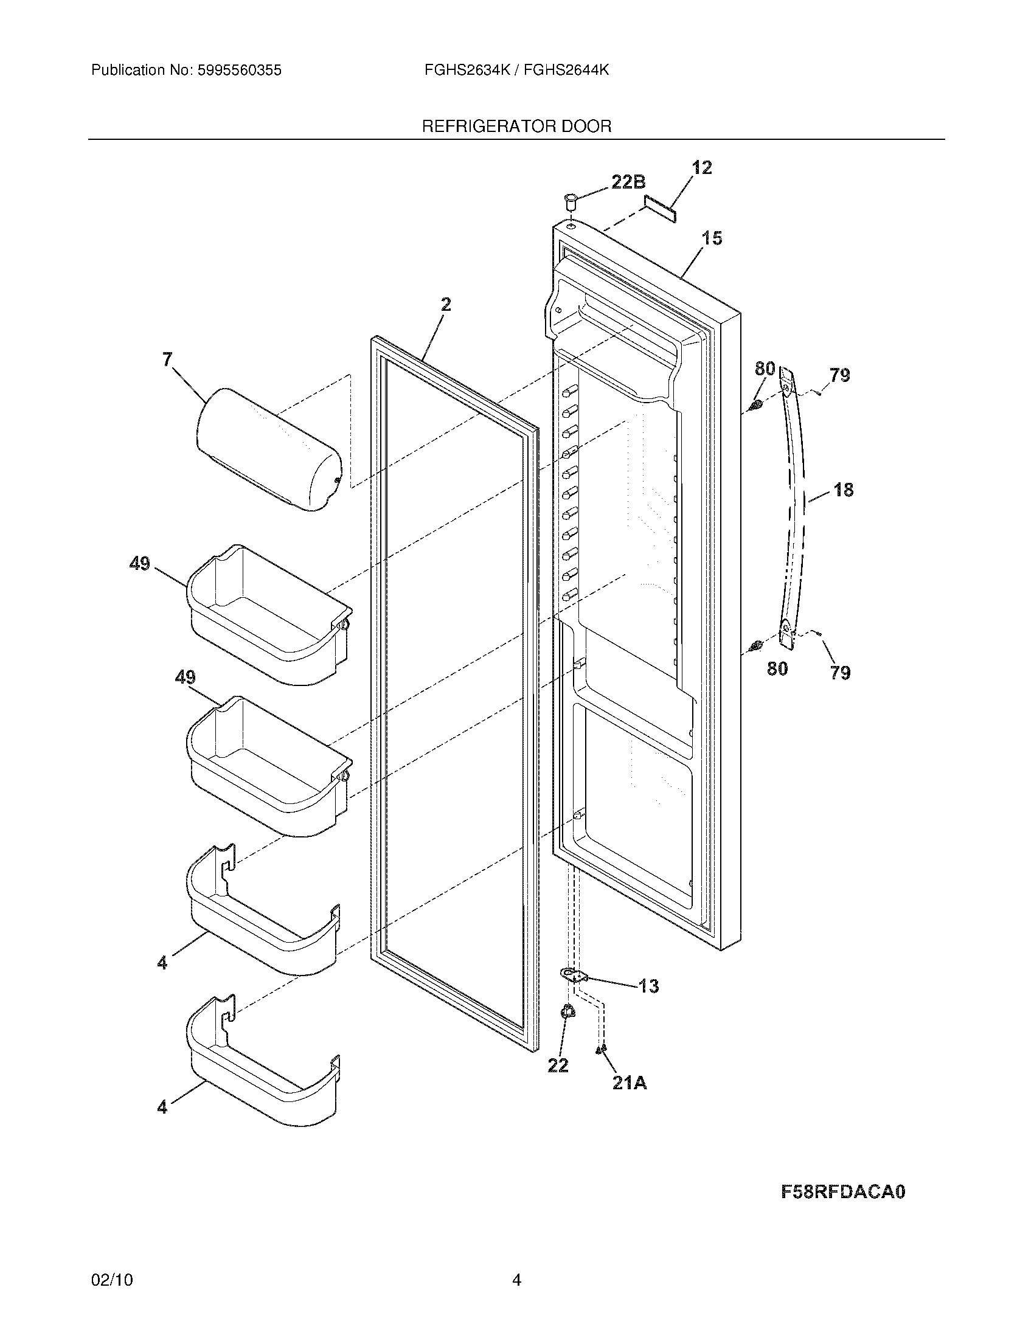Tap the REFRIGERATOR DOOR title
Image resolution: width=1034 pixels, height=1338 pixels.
coord(516,127)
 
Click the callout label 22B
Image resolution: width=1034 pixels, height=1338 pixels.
coord(628,182)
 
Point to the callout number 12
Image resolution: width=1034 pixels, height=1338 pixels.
coord(702,168)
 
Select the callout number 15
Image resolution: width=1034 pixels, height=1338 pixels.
coord(712,238)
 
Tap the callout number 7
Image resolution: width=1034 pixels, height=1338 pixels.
coord(167,359)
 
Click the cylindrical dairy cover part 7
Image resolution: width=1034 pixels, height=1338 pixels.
coord(268,449)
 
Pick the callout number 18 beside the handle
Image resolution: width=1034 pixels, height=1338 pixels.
coord(843,490)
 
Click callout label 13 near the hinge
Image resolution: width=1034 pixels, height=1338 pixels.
coord(648,986)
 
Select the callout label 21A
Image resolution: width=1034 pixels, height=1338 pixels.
coord(629,1083)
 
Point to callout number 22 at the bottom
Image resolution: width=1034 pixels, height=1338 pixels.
coord(557,1066)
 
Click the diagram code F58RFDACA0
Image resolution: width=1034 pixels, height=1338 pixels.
coord(843,1192)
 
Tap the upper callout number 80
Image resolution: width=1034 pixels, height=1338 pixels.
coord(765,369)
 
